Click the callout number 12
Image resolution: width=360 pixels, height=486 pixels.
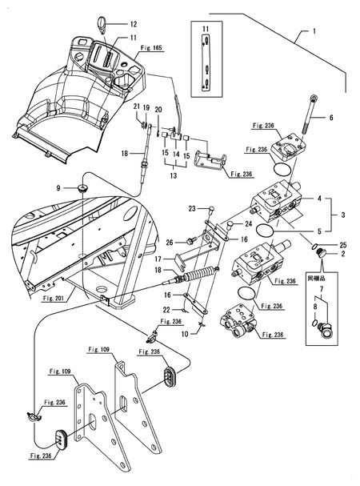click(134, 24)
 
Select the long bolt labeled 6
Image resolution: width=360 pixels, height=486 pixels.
click(308, 114)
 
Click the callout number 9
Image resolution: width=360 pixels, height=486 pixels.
click(58, 188)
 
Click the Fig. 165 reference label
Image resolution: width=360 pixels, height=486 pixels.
click(151, 48)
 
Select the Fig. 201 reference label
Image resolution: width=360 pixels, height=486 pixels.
click(52, 299)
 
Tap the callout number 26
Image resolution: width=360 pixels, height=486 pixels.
click(170, 242)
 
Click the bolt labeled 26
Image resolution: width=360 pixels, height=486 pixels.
click(189, 241)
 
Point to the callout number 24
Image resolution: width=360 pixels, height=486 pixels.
click(249, 223)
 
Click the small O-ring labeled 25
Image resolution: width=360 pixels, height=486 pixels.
click(314, 247)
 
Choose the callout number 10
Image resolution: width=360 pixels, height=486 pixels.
click(185, 334)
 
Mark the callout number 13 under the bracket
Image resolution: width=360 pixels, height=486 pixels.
click(173, 175)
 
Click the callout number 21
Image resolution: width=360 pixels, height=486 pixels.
click(137, 107)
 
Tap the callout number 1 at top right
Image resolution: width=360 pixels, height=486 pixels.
click(314, 31)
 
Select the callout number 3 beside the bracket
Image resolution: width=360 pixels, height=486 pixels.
click(342, 215)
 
